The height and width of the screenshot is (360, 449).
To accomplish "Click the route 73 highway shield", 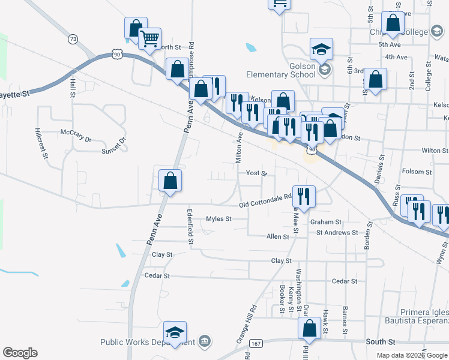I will tap(73, 39).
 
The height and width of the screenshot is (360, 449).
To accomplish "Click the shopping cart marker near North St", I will tap(149, 40).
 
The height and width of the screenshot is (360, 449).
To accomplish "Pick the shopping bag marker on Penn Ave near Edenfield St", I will tap(170, 181).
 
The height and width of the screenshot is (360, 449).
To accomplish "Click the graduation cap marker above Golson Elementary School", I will tap(322, 49).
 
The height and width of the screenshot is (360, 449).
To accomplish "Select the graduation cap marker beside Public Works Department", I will tap(175, 332).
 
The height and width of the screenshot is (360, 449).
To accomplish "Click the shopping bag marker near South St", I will tap(310, 329).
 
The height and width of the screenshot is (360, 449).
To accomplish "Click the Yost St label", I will tap(256, 173).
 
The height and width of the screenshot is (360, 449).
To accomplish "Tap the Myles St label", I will tap(218, 219).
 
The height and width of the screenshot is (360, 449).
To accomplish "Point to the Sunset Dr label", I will tap(114, 144).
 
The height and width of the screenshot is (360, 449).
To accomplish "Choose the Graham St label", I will tap(326, 222).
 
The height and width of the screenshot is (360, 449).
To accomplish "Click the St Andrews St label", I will tap(337, 232).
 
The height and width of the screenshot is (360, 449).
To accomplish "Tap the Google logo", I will tap(20, 353).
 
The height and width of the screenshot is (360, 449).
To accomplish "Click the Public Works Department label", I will tap(148, 342).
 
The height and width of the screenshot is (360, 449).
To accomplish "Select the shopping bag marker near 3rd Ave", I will tap(375, 80).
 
